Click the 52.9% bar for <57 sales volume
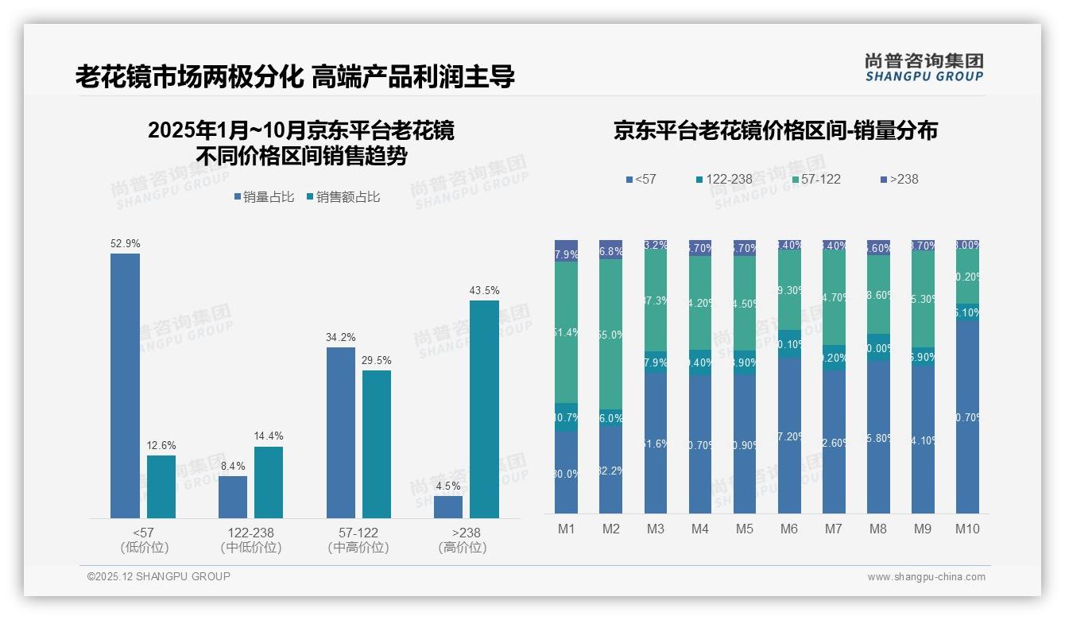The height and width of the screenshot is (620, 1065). tap(125, 386)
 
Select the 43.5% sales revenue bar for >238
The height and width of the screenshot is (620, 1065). tap(484, 409)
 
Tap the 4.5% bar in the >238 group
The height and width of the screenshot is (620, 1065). tap(448, 507)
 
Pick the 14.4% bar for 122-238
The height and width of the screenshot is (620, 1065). tap(269, 482)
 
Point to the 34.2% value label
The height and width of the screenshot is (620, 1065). tap(340, 338)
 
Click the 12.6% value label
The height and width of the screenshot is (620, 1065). tap(161, 446)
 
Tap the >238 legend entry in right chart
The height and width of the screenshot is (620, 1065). tap(899, 180)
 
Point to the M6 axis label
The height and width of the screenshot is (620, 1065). tap(789, 529)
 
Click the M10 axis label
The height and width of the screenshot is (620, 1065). tap(967, 529)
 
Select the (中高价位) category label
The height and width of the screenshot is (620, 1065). tap(358, 548)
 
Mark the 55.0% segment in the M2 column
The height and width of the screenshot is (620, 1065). tap(610, 335)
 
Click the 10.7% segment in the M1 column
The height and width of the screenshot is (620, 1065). tap(566, 417)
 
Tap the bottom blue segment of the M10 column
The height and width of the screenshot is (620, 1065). tap(967, 417)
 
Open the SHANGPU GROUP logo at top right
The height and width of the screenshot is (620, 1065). tap(924, 68)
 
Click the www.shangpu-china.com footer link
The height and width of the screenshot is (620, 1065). tap(926, 577)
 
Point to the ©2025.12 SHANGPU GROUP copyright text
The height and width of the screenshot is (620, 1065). tap(159, 576)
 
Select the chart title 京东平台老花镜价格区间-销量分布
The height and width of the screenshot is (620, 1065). tap(775, 131)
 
